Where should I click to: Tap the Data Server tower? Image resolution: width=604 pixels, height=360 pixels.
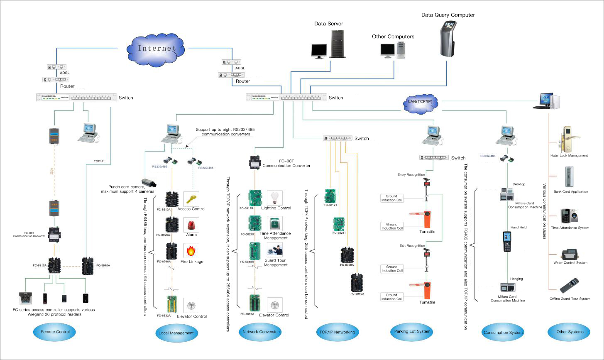[x=337, y=44]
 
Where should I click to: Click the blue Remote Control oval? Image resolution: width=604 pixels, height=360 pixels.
[x=55, y=332]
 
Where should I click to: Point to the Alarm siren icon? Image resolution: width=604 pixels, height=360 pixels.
[x=191, y=225]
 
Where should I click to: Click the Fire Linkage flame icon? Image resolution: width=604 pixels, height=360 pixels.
[x=191, y=251]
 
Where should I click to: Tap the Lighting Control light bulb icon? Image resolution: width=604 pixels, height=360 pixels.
[x=274, y=198]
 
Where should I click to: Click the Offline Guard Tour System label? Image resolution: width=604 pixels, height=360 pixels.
[x=570, y=299]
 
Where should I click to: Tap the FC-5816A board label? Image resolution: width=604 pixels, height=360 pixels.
[x=247, y=314]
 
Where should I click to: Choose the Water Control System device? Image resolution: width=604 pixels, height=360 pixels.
[x=570, y=254]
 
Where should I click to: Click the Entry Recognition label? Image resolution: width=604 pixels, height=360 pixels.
[x=411, y=175]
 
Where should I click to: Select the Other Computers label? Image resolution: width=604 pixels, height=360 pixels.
[x=393, y=37]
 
